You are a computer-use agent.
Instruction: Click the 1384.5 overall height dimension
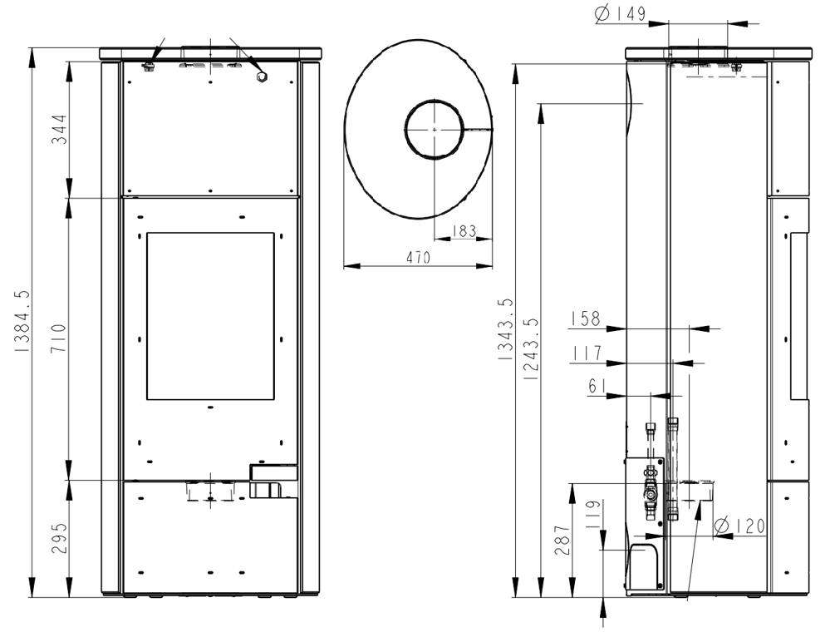[22, 322]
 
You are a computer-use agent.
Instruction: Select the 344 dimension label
[59, 129]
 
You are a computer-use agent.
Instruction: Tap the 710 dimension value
[59, 338]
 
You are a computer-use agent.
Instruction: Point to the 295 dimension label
[59, 538]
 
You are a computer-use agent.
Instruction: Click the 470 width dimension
[418, 258]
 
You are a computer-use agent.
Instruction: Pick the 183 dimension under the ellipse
[464, 231]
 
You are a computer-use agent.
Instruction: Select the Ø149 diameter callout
[620, 14]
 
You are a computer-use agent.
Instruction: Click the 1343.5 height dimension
[505, 329]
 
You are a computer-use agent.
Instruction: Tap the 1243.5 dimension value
[530, 348]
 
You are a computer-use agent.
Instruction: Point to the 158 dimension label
[586, 319]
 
